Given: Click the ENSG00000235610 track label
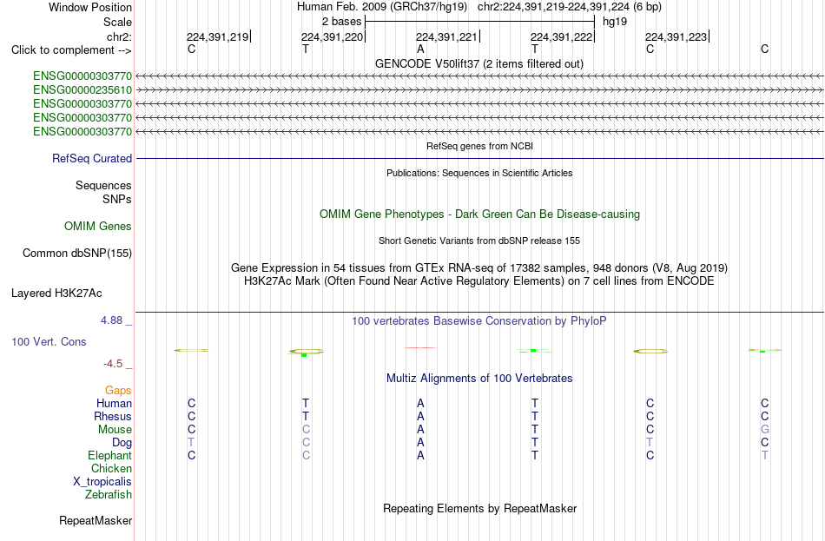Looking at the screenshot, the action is [82, 90].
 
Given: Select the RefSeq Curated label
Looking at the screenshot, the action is [92, 158].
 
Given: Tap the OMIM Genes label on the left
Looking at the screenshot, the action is [98, 227].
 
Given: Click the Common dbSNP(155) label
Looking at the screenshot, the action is [77, 254].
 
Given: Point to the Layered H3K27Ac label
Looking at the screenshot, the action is [56, 294].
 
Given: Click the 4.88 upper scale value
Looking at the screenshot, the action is [111, 320].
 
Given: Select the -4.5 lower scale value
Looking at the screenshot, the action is [113, 364].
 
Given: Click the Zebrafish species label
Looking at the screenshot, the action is [109, 495].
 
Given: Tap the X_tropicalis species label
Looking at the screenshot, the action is [102, 482].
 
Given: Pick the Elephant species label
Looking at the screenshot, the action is [110, 455].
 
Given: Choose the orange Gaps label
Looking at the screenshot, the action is [118, 390].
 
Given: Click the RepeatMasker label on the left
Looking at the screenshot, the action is [96, 520].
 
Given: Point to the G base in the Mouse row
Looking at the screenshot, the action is [764, 430].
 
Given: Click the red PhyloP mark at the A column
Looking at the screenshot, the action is [419, 347].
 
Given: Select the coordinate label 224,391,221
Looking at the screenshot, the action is [446, 36].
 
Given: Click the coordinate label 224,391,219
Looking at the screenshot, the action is [217, 36].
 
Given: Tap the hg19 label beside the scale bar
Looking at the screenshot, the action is [615, 22].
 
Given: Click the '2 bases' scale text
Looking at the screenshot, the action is [341, 22].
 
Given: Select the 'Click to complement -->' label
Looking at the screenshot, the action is [71, 50].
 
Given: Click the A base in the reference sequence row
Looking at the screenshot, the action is [420, 49].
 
